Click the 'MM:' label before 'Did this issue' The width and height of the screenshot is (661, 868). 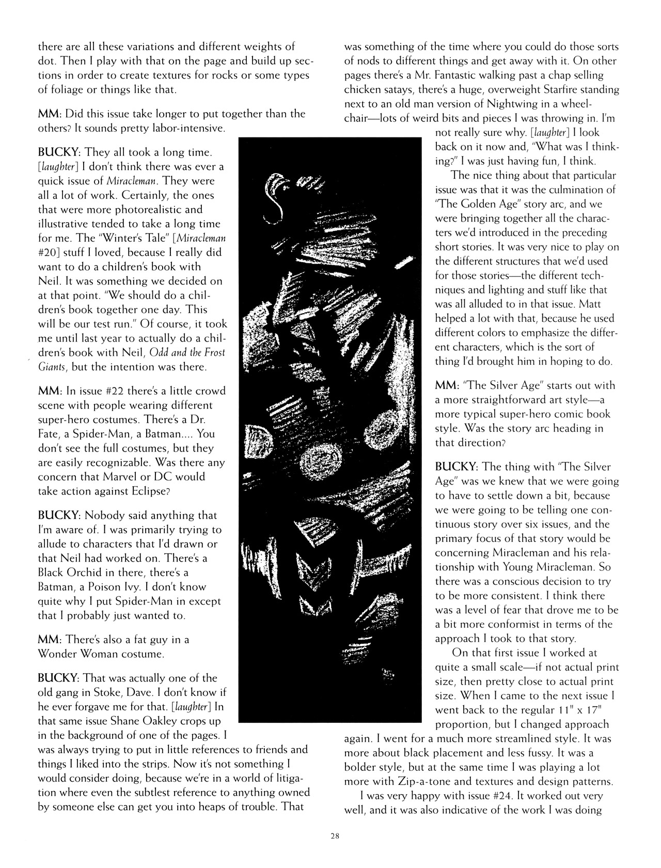pyautogui.click(x=50, y=114)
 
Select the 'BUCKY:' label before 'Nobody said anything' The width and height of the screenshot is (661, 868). pyautogui.click(x=59, y=516)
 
